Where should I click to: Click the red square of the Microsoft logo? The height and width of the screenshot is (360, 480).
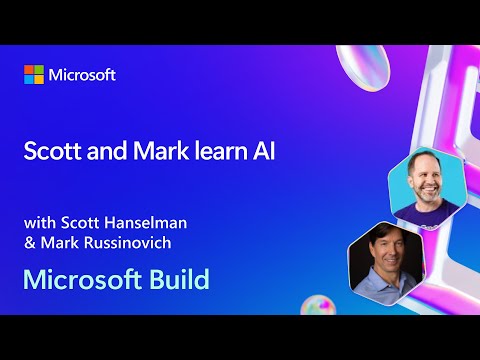(29, 70)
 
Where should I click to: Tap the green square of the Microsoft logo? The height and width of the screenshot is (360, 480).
(39, 70)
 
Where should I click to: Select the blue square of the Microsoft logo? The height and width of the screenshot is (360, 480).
(29, 80)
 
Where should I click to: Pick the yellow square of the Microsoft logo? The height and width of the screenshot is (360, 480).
(39, 80)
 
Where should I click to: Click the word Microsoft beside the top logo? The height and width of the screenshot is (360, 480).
(82, 75)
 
